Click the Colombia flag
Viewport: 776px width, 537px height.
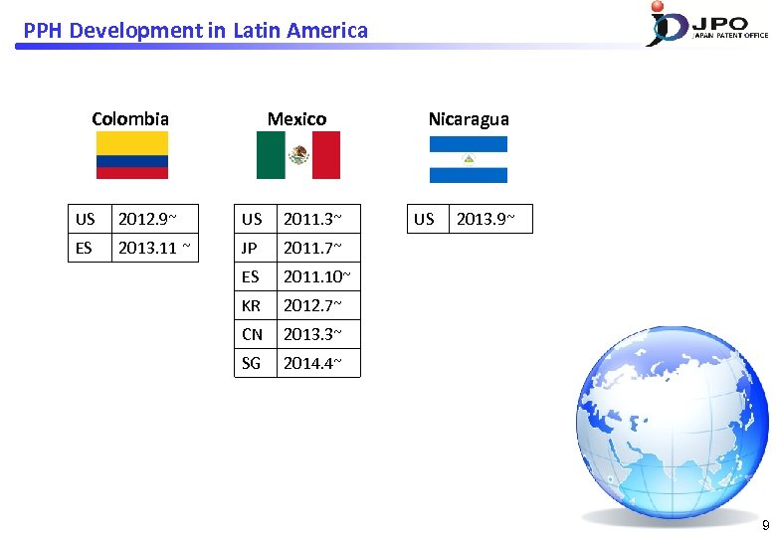click(131, 155)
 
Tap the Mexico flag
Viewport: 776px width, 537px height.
click(297, 155)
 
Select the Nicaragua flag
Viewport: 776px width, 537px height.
click(468, 159)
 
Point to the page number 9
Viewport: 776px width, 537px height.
click(764, 525)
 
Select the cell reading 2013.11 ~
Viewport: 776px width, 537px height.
click(153, 248)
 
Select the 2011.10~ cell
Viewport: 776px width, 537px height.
click(316, 276)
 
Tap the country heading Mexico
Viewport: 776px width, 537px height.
click(296, 119)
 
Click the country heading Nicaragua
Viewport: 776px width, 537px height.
click(469, 119)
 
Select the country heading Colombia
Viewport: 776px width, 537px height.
click(130, 119)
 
